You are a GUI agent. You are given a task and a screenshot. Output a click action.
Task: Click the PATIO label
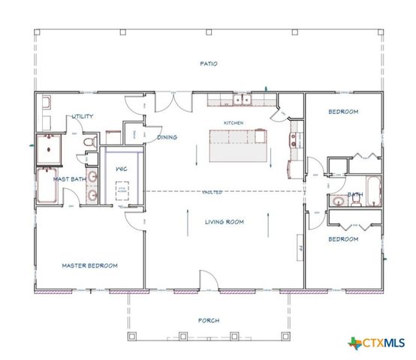pyautogui.click(x=209, y=64)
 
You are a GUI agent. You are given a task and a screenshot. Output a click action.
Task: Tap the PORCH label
pyautogui.click(x=209, y=320)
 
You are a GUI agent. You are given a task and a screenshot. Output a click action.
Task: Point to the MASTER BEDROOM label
pyautogui.click(x=89, y=265)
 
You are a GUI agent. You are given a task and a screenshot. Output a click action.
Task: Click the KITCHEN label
pyautogui.click(x=234, y=122)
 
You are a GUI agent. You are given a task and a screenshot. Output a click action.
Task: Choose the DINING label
pyautogui.click(x=167, y=137)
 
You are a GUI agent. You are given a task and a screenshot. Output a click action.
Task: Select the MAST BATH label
pyautogui.click(x=68, y=179)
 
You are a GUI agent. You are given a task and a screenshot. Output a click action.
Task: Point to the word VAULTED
pyautogui.click(x=213, y=192)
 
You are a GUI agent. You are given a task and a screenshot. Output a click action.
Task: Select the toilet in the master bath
pyautogui.click(x=90, y=141)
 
